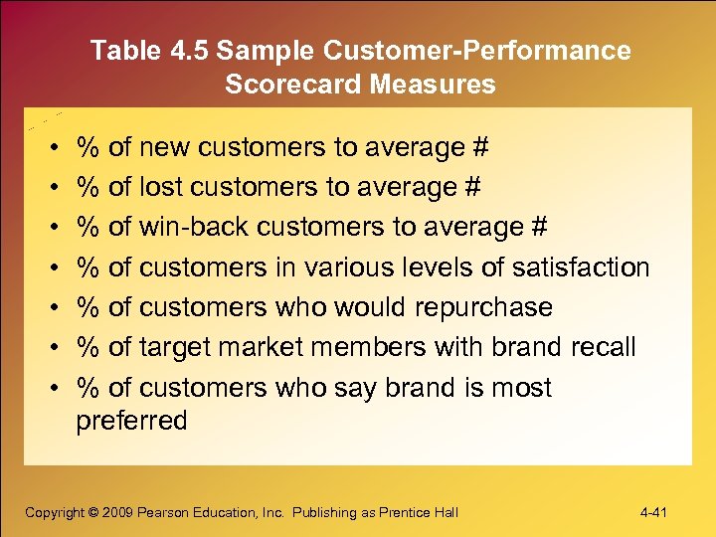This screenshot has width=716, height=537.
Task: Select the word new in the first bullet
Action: point(165,148)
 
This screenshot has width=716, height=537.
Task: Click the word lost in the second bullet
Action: point(161,188)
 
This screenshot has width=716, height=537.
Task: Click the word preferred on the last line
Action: point(131,421)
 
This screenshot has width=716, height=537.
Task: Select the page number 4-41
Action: point(653,512)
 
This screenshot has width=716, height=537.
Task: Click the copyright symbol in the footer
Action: point(94,512)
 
